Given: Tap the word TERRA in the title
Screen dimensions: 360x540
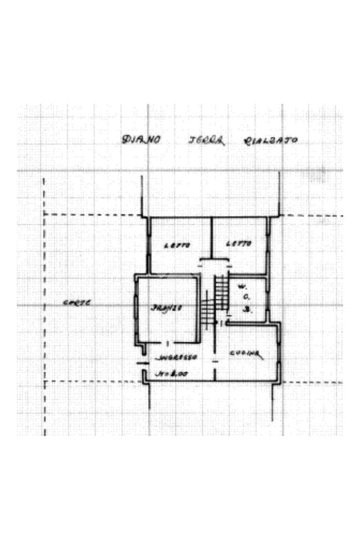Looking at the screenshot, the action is [206, 140].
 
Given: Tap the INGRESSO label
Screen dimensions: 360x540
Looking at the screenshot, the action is [176, 357].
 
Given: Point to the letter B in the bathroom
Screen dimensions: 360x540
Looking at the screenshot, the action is [246, 310].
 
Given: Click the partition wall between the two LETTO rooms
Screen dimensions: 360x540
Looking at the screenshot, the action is [211, 237].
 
